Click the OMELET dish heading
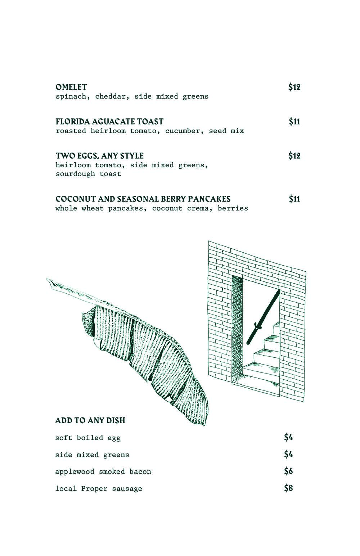click(x=71, y=87)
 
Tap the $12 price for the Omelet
click(x=294, y=87)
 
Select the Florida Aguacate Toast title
click(x=109, y=121)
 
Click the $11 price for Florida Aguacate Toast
click(x=294, y=121)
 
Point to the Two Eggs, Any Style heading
click(x=100, y=155)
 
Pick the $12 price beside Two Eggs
click(x=294, y=155)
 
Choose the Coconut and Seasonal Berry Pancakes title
click(x=143, y=199)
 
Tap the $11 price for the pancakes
click(x=294, y=199)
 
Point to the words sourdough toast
click(x=88, y=174)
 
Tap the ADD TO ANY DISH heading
click(x=90, y=420)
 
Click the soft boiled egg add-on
click(x=87, y=438)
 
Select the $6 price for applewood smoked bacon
click(x=288, y=471)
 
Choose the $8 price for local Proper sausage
click(x=288, y=488)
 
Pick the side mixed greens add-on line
click(x=92, y=455)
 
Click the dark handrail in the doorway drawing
click(x=264, y=317)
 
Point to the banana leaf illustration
click(x=127, y=352)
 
